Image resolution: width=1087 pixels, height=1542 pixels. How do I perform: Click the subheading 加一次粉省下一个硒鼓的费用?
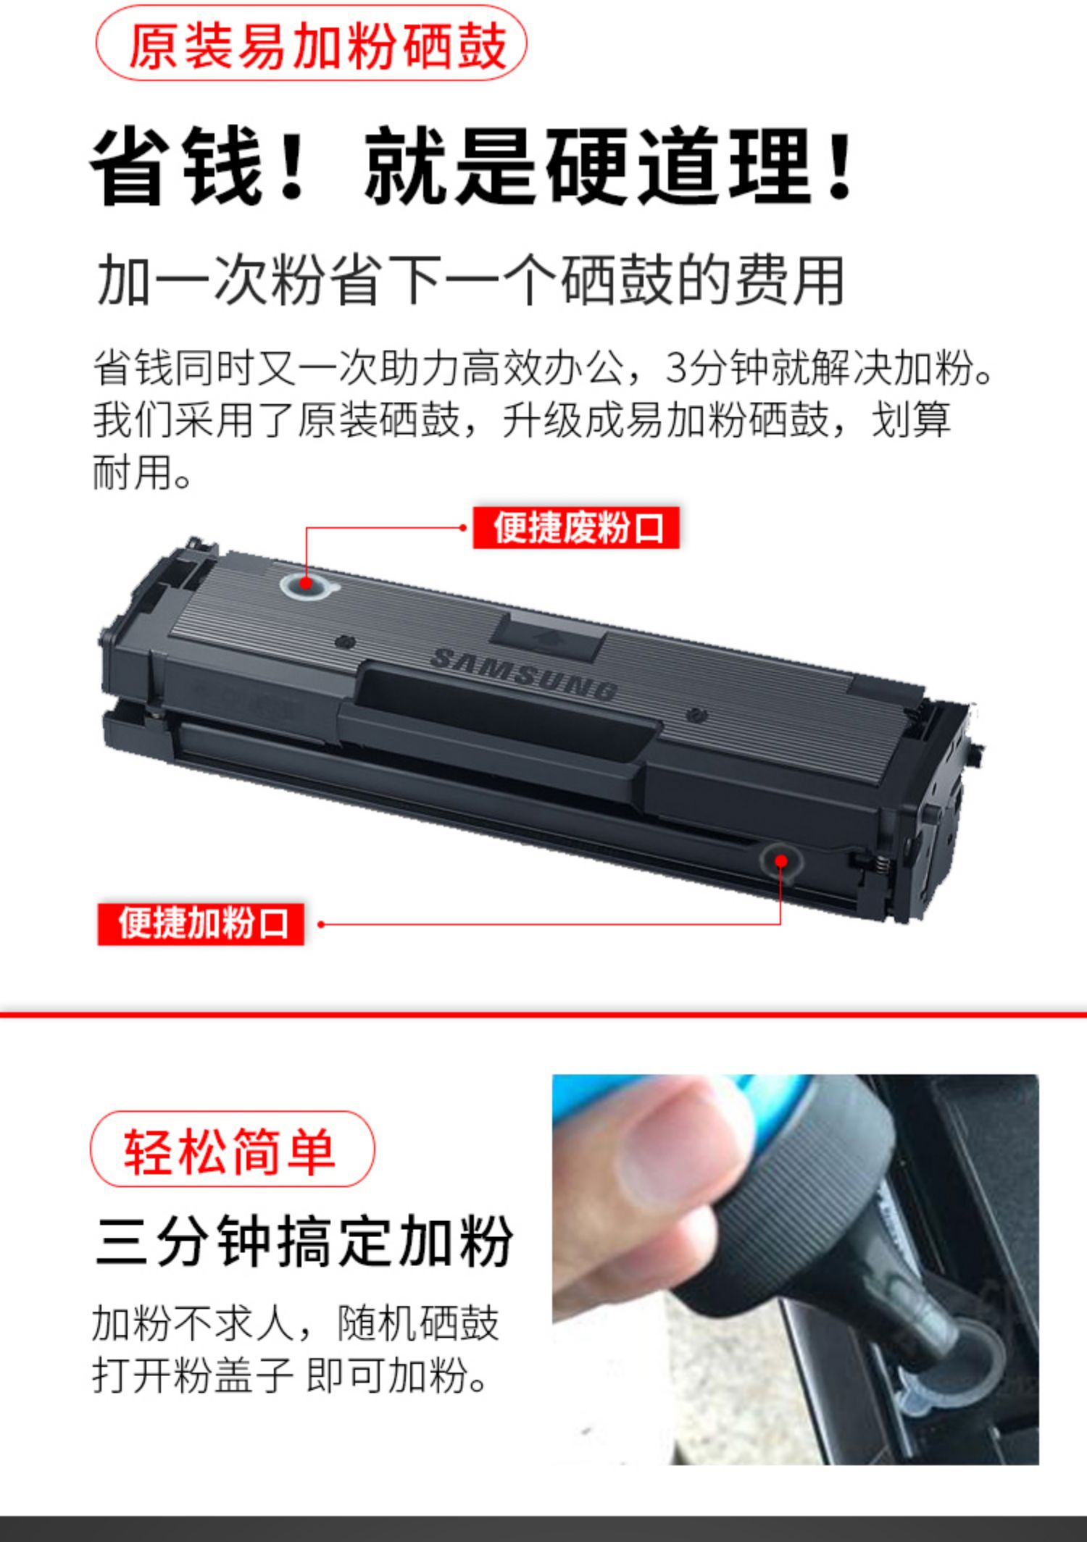click(x=471, y=280)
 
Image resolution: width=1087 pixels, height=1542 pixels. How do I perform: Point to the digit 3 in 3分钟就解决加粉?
click(x=675, y=368)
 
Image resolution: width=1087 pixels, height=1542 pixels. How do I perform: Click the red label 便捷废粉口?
click(x=576, y=527)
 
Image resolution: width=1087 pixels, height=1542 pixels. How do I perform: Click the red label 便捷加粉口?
click(x=201, y=923)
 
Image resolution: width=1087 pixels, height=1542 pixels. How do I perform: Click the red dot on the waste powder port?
click(x=306, y=582)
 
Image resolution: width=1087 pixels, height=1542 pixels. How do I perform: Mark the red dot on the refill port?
click(x=780, y=860)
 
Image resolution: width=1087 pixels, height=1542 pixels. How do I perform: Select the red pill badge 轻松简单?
click(x=232, y=1151)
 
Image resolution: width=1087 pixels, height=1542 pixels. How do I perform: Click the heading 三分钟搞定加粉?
click(x=304, y=1242)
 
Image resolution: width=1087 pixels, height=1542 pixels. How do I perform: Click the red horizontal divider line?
click(x=543, y=1014)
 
